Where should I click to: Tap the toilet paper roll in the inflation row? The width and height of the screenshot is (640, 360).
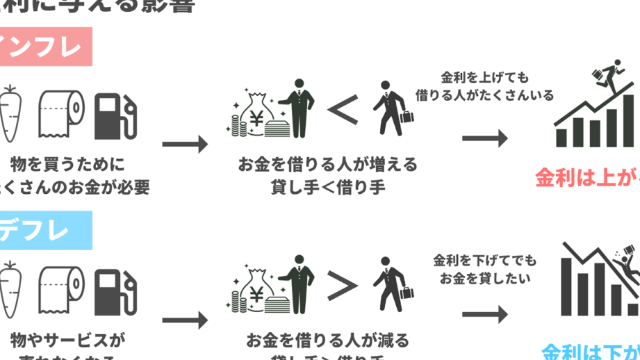click(x=60, y=113)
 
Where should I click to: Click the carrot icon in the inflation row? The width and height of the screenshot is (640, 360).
click(x=13, y=113)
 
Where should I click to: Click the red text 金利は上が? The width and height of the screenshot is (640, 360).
click(x=587, y=178)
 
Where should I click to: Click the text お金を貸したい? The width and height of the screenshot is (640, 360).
click(x=484, y=279)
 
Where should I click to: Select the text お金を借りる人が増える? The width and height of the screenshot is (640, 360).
click(x=327, y=165)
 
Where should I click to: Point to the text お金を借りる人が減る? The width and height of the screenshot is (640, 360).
click(x=327, y=341)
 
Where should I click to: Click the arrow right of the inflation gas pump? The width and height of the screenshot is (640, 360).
click(x=185, y=144)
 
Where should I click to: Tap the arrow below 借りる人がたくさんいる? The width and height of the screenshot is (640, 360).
click(x=485, y=138)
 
